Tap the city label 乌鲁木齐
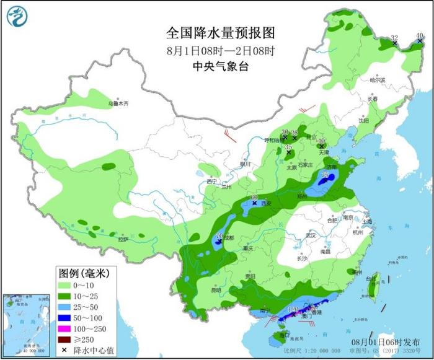(x=117, y=104)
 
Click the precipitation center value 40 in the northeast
(x=420, y=35)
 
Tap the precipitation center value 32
(x=394, y=38)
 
